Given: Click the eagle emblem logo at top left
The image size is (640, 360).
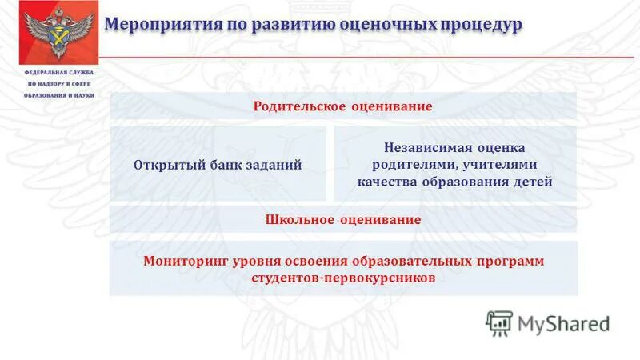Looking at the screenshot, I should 53,33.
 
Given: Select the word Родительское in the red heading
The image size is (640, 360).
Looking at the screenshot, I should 300,106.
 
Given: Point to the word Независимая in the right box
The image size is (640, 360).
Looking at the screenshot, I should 420,148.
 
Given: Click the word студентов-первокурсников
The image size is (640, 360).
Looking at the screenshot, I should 343,278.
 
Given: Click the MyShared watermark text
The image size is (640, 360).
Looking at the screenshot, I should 563,323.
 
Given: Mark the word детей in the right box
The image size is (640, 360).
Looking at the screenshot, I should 531,182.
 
